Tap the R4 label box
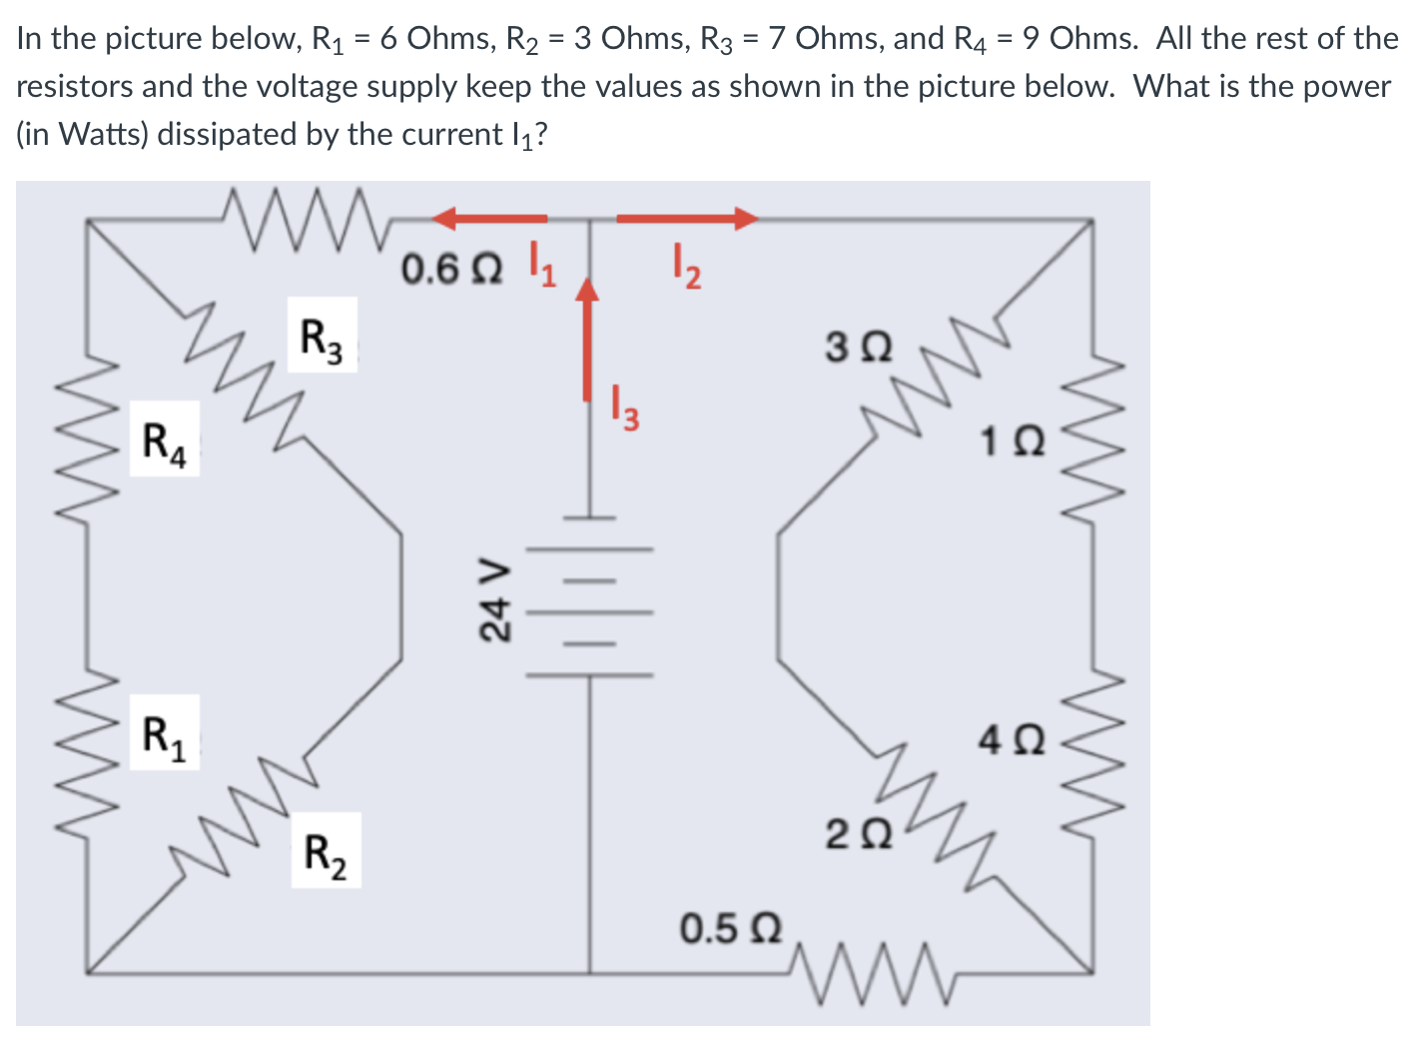click(x=164, y=440)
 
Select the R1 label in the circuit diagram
click(x=164, y=732)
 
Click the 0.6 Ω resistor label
click(x=451, y=269)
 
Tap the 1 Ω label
click(x=1013, y=441)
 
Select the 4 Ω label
click(x=1013, y=739)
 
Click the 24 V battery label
click(x=494, y=598)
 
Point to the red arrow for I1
click(x=489, y=217)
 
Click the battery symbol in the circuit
click(x=589, y=597)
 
